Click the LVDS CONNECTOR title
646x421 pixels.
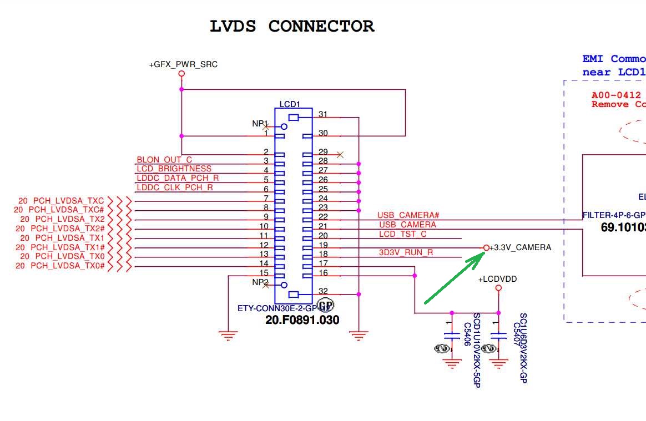292,26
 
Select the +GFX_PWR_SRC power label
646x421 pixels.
183,64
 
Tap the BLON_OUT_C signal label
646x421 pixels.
164,160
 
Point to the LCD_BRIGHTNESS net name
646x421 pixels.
174,169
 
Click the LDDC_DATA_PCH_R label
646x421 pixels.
178,178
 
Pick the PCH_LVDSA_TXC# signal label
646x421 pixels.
59,210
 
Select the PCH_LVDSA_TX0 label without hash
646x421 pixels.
62,256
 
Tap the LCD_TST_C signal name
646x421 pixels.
403,234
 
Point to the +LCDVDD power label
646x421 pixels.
497,279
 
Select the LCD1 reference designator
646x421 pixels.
290,104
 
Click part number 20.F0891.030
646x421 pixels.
302,320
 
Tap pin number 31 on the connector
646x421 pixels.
323,114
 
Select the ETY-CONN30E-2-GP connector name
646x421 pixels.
276,308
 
